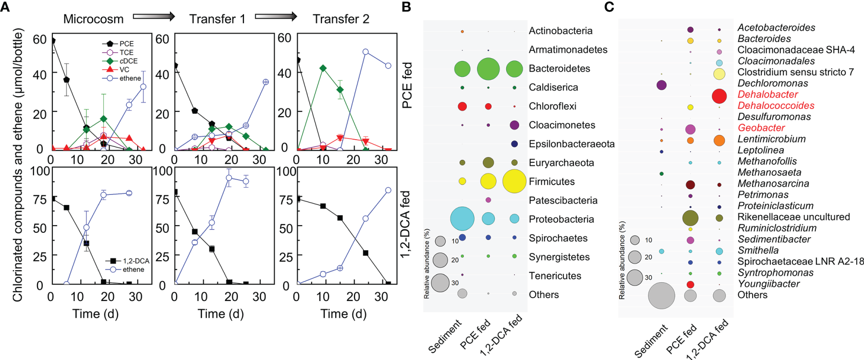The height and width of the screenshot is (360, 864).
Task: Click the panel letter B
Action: [x=406, y=7]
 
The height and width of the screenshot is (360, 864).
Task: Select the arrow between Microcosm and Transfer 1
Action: [x=154, y=17]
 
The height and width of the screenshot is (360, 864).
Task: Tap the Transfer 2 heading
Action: [x=341, y=19]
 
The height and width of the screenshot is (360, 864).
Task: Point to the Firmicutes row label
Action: [x=552, y=181]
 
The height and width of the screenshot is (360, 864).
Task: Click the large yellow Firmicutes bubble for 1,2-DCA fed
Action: [x=514, y=181]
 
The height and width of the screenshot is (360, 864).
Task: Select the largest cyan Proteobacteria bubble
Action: [x=462, y=219]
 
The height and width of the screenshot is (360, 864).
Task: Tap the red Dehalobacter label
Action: [x=761, y=95]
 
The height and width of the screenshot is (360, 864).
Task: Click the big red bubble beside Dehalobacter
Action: [x=719, y=96]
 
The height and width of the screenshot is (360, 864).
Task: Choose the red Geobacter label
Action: [x=761, y=128]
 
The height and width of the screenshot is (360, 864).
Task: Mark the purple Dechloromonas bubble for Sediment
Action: [x=661, y=85]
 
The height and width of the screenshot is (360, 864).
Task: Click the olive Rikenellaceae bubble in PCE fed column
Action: [x=690, y=217]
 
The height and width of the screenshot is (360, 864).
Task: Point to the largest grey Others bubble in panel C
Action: [x=661, y=296]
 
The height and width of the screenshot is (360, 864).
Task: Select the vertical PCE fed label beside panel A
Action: [x=407, y=85]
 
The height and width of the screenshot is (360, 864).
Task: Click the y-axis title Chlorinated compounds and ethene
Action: [x=18, y=165]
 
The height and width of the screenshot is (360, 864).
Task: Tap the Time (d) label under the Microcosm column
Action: [x=95, y=314]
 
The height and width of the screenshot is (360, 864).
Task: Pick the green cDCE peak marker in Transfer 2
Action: [x=323, y=68]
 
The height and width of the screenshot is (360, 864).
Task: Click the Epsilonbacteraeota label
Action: [x=572, y=144]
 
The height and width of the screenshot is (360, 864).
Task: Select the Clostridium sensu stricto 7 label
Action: [x=795, y=72]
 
